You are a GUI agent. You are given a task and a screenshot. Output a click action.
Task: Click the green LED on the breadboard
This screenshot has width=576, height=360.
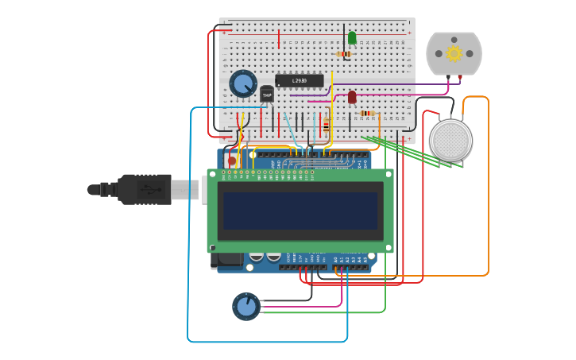(x=352, y=37)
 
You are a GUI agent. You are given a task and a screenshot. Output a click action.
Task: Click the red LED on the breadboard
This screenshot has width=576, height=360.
(x=352, y=97)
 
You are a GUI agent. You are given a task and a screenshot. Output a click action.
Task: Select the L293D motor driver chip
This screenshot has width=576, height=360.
(x=300, y=80)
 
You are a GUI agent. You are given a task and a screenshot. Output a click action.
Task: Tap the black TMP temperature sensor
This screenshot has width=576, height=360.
(x=267, y=95)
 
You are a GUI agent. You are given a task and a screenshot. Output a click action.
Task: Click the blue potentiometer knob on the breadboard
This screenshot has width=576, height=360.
(x=242, y=83)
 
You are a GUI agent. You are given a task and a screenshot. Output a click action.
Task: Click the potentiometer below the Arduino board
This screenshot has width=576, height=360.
(x=246, y=306)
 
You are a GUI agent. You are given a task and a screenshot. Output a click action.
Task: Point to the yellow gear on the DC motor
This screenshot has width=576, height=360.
(x=454, y=53)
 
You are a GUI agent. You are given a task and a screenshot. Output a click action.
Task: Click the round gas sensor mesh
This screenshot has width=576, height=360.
(x=450, y=140)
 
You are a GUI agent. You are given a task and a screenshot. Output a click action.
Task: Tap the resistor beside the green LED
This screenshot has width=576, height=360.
(x=344, y=54)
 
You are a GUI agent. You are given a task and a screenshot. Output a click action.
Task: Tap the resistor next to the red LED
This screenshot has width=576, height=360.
(x=367, y=113)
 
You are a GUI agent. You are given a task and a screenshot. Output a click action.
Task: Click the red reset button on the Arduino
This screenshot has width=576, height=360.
(x=231, y=160)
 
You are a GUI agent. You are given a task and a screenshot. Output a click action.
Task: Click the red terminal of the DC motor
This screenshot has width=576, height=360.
(x=460, y=77)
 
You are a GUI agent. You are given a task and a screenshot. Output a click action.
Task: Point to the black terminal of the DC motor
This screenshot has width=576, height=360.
(x=447, y=77)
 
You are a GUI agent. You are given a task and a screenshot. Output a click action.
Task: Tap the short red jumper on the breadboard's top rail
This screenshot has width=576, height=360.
(x=279, y=39)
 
